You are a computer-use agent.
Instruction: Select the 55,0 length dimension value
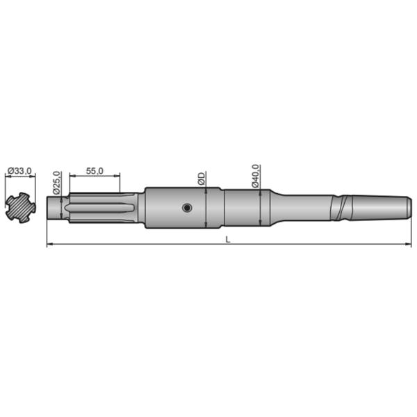point(95,171)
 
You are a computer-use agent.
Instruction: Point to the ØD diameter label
point(202,179)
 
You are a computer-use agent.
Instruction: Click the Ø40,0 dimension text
point(255,175)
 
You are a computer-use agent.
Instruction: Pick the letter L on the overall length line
point(228,239)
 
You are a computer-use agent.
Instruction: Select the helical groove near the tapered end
point(341,207)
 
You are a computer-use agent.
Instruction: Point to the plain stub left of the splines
point(54,208)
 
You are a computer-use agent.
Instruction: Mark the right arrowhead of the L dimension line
point(406,245)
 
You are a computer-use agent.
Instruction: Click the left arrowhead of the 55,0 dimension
point(72,177)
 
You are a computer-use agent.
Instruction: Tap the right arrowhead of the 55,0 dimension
point(118,177)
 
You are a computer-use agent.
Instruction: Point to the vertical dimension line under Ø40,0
point(259,208)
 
